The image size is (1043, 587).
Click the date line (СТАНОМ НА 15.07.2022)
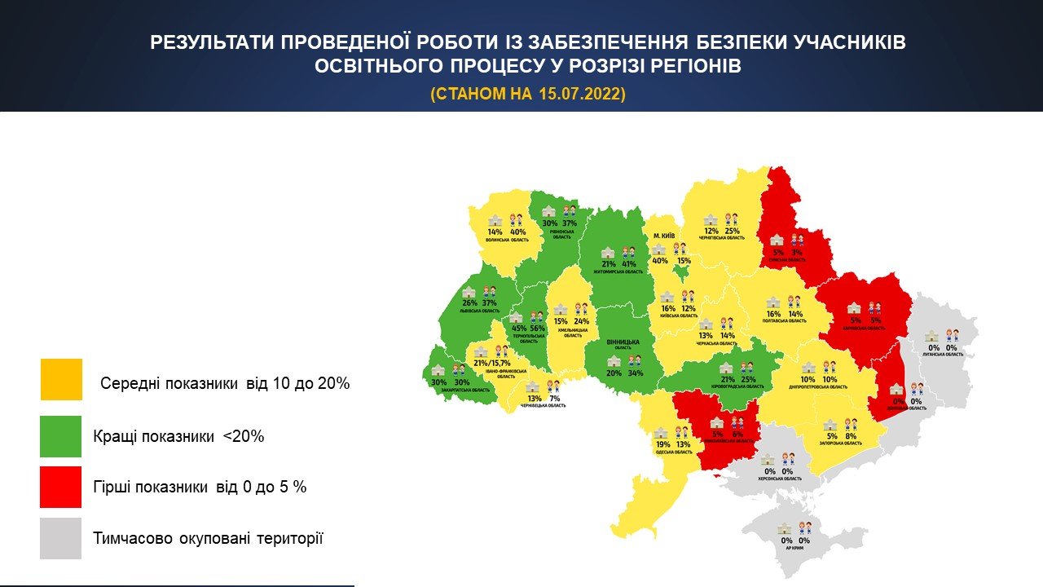(528, 94)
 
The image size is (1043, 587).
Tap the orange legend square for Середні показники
(61, 379)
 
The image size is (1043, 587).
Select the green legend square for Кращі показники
(61, 436)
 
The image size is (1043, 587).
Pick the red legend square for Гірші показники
(61, 487)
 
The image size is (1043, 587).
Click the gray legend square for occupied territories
(61, 538)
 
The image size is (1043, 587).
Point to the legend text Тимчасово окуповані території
(208, 538)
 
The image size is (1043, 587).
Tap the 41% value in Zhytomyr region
(628, 264)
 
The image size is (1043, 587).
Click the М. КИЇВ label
(665, 236)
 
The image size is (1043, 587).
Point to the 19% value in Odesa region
(662, 444)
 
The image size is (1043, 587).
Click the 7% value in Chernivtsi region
(554, 399)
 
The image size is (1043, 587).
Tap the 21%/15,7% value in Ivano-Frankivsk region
(491, 363)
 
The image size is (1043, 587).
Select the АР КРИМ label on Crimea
(794, 549)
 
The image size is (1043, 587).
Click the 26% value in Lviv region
(469, 303)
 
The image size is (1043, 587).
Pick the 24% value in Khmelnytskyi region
(581, 321)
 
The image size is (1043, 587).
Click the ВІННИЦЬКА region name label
(623, 342)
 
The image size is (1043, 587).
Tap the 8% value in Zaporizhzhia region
(852, 436)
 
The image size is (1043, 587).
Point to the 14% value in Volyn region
(495, 232)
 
